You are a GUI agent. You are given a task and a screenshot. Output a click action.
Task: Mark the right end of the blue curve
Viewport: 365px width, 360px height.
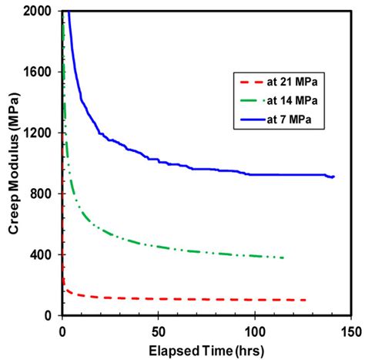334,177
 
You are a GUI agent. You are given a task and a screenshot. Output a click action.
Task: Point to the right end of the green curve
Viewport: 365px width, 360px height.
283,257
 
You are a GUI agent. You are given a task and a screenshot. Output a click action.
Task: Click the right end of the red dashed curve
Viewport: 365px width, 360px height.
306,300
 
